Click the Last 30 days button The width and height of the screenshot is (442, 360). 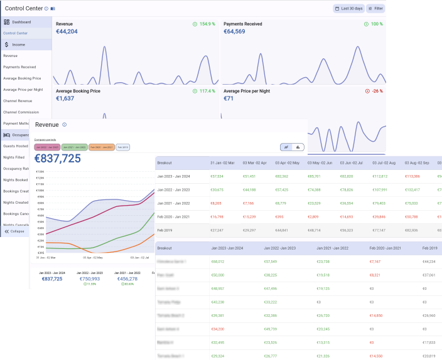click(348, 9)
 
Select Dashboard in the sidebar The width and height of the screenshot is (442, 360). click(21, 22)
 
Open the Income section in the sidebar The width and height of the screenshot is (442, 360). click(18, 45)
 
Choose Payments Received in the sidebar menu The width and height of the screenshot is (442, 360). click(19, 66)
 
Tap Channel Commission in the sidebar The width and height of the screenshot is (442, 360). click(21, 112)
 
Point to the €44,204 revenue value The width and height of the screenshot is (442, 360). click(67, 31)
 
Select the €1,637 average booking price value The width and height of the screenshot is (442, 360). click(65, 98)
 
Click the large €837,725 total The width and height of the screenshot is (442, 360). click(57, 159)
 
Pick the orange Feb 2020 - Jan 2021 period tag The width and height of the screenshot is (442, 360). click(101, 147)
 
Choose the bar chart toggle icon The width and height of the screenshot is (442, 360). click(298, 147)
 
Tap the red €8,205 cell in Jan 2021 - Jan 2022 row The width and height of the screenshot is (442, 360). click(216, 203)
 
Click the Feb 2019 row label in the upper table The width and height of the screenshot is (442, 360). click(165, 230)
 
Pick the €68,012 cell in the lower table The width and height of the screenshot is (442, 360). click(218, 262)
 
